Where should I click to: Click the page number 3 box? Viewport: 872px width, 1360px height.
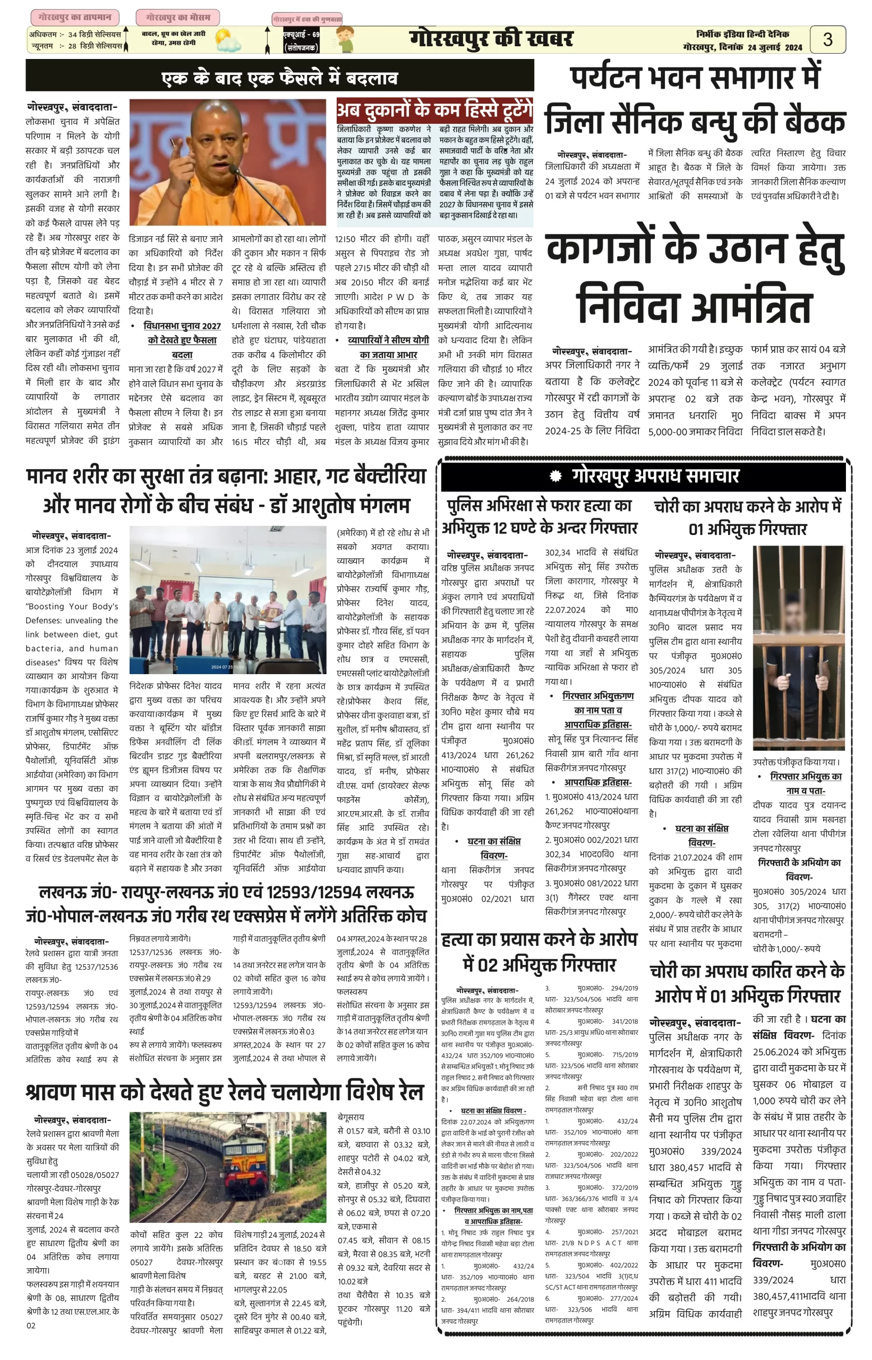(827, 39)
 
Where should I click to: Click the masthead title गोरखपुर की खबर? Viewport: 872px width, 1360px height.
(491, 39)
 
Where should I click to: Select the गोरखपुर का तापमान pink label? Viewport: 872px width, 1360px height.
(75, 18)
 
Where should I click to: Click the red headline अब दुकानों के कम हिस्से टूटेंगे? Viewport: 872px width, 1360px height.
(434, 109)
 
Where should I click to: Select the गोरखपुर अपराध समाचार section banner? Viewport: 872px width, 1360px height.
(643, 476)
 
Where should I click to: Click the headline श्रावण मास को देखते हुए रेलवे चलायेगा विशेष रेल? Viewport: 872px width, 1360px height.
(224, 1092)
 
